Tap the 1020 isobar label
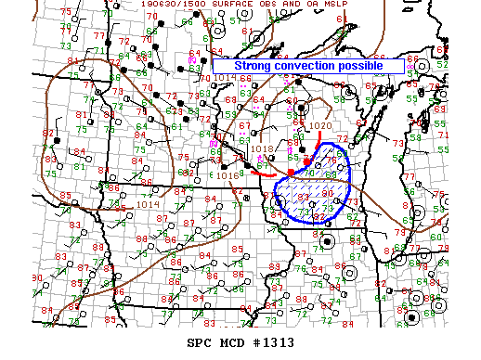click(320, 125)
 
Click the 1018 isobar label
click(262, 148)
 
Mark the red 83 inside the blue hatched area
click(303, 198)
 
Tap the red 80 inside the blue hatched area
click(330, 195)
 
